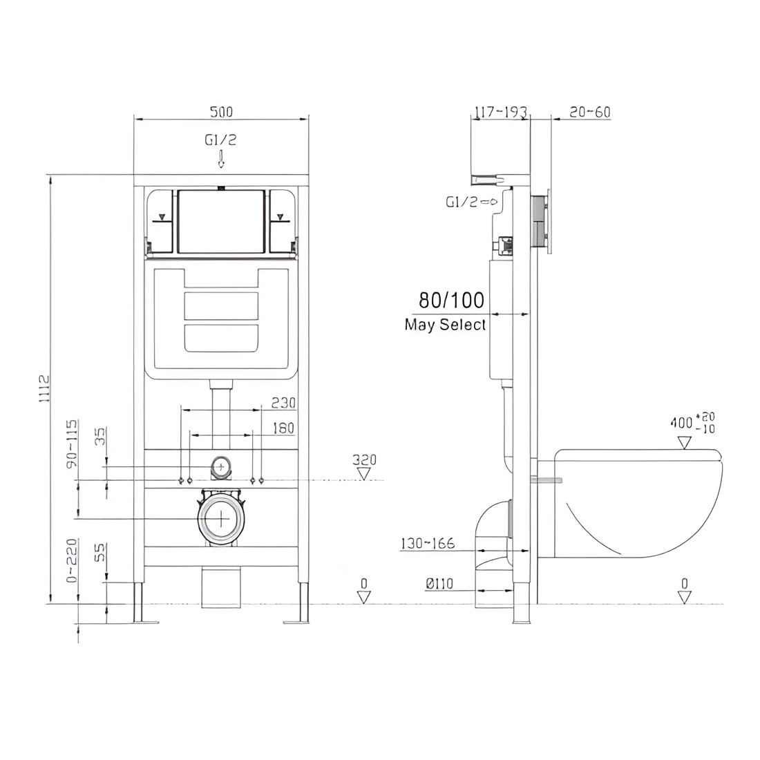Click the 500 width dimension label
click(221, 112)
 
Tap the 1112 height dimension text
click(44, 388)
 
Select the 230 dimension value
click(283, 403)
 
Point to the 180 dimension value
click(283, 428)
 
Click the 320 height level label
click(365, 459)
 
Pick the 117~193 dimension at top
click(500, 112)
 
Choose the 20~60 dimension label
click(590, 112)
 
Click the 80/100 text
click(451, 301)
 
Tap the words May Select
click(445, 324)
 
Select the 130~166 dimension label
click(428, 543)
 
